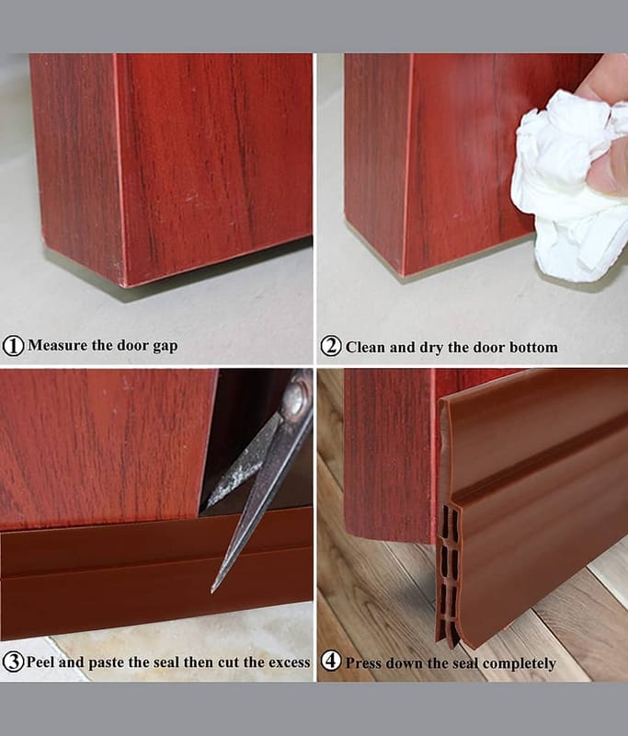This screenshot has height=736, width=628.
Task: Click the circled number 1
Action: point(13,346)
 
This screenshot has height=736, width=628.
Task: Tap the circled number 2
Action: point(331,347)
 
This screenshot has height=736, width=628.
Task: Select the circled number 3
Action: point(13,661)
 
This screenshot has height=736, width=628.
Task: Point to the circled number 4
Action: point(331,661)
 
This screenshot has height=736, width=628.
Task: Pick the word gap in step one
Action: point(166,347)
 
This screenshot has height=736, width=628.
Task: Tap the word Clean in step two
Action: point(365,347)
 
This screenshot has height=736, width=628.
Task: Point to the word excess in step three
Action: point(290,662)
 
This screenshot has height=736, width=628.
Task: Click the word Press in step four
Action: point(362,662)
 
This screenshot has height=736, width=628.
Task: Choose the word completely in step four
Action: point(520,663)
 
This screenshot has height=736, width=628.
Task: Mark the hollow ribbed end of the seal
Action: point(448,575)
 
